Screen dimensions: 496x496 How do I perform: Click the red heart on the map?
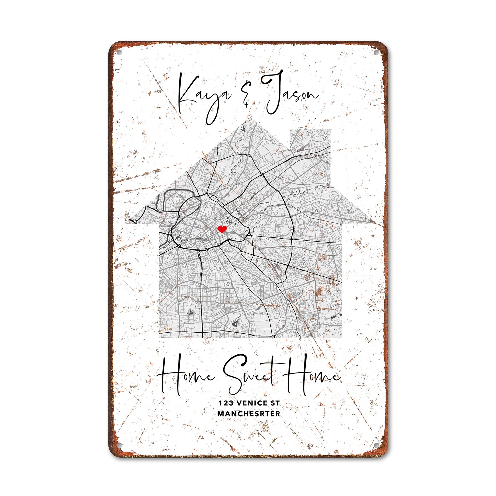tap(222, 229)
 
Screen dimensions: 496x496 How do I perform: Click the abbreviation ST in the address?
tap(275, 403)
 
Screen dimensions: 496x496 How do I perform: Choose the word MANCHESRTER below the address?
tap(249, 414)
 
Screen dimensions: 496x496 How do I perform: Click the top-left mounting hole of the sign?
tap(119, 52)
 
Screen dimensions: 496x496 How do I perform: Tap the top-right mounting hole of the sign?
tap(377, 52)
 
